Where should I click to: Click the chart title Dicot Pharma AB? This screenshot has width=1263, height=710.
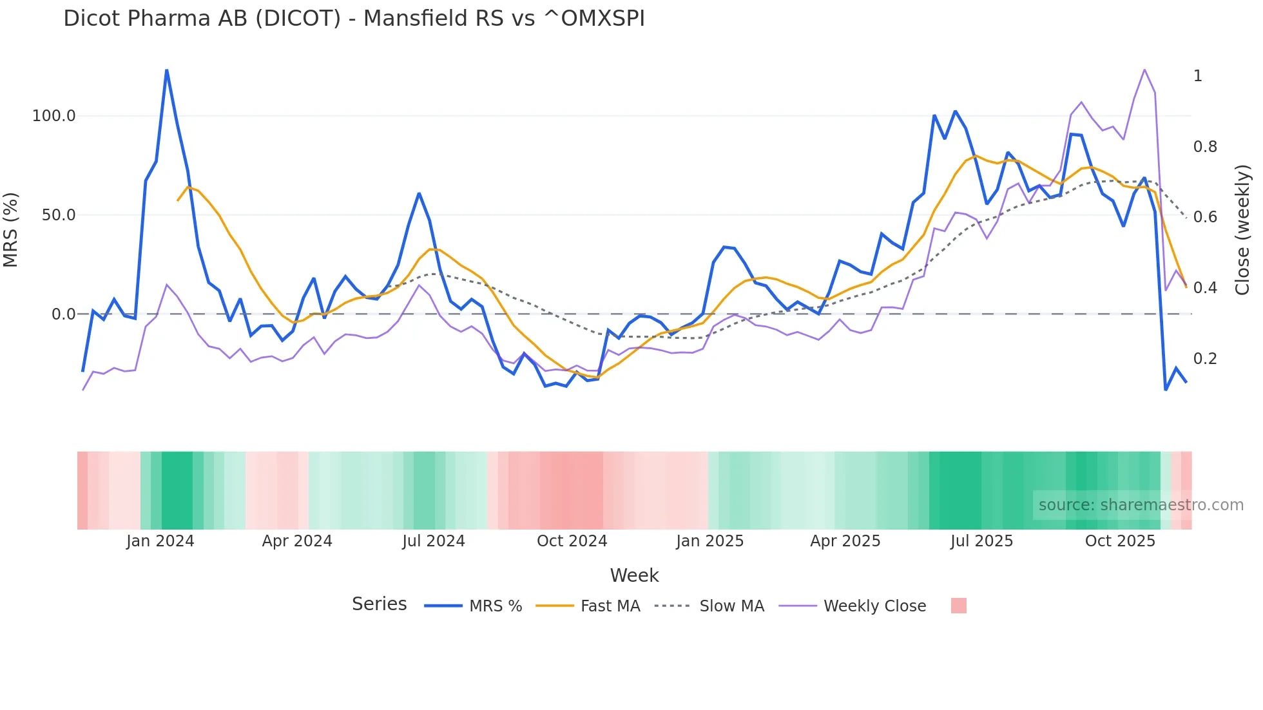coord(354,19)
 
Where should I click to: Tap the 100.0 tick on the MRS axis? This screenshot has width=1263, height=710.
coord(53,116)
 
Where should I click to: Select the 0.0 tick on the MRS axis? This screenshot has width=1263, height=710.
coord(63,314)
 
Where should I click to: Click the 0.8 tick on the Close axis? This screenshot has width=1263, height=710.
coord(1205,147)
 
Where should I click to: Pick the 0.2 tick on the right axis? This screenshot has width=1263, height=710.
coord(1205,359)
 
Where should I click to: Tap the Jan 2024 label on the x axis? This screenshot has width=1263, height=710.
coord(160,541)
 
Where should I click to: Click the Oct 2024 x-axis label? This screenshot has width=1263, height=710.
coord(572,541)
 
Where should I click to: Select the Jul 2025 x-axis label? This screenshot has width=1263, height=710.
coord(981,541)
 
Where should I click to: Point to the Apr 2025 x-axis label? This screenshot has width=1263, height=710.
coord(845,541)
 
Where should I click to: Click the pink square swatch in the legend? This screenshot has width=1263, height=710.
coord(958,606)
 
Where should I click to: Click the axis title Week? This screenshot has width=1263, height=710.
coord(634,575)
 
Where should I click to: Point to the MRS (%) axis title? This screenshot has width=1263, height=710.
coord(10,230)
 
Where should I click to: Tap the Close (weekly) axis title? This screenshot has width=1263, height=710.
coord(1242,230)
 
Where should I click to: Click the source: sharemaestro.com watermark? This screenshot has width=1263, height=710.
coord(1141,505)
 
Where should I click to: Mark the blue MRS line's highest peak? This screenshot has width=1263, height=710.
coord(167,70)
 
